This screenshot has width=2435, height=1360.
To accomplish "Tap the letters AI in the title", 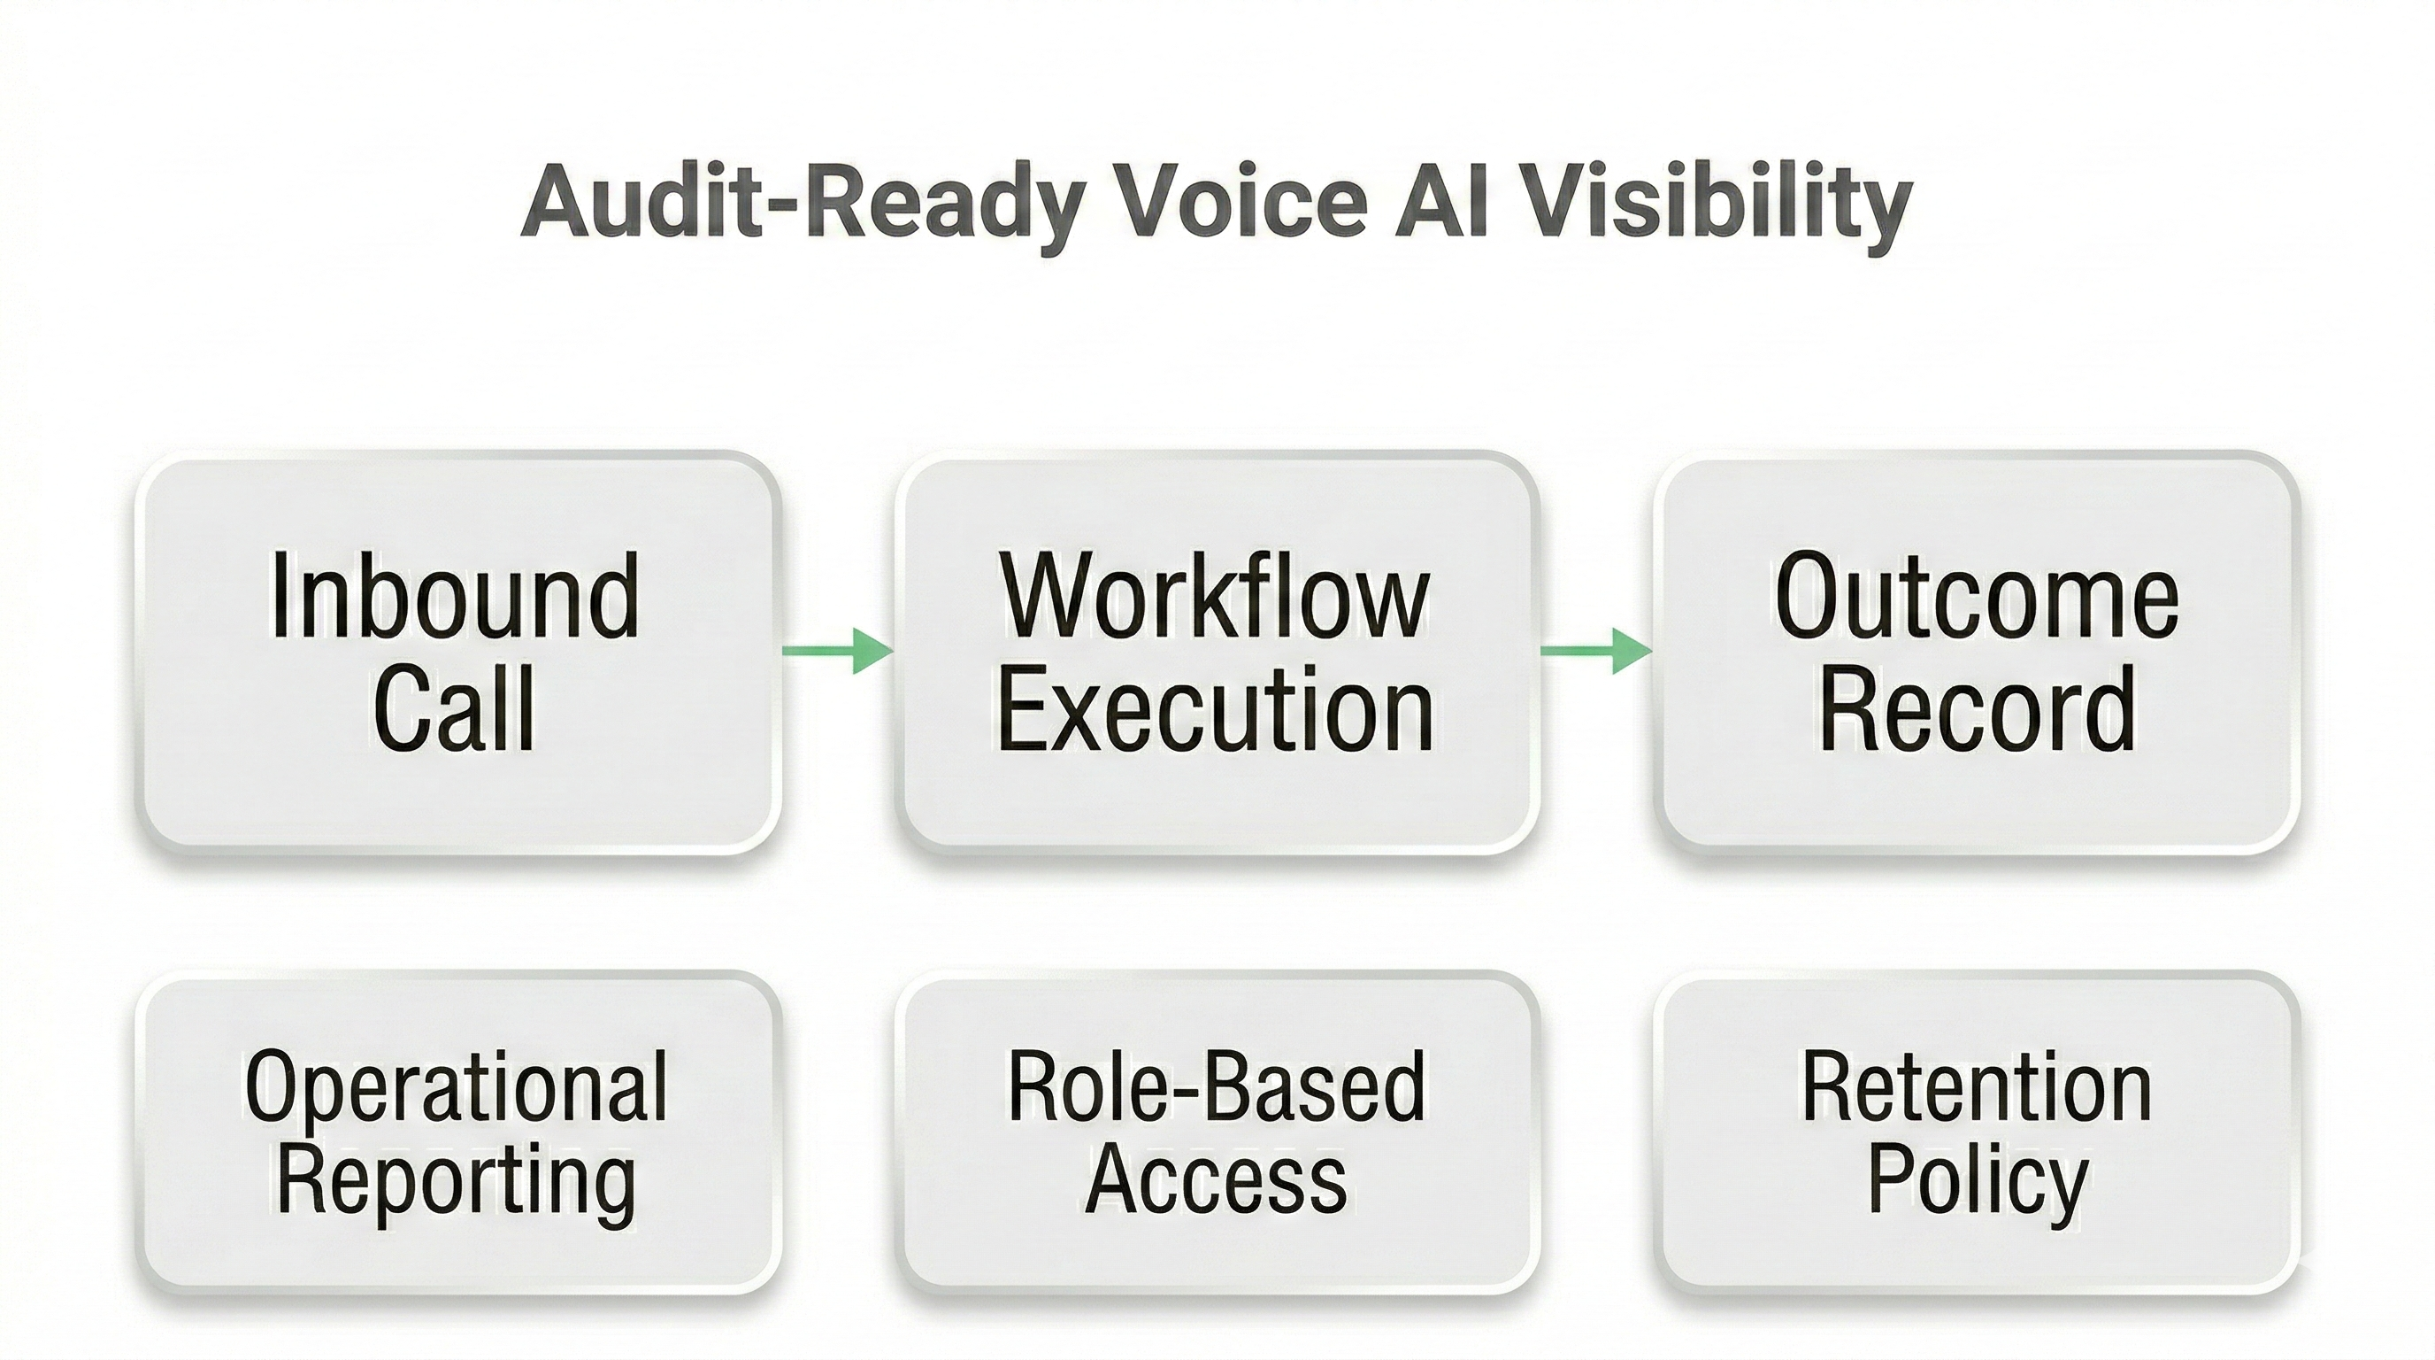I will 1444,205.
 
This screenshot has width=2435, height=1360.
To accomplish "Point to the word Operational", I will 456,1086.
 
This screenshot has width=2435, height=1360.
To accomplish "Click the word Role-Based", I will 1216,1086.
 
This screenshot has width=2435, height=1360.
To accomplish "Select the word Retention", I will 1977,1086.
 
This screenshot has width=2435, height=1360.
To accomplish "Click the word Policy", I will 1977,1182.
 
